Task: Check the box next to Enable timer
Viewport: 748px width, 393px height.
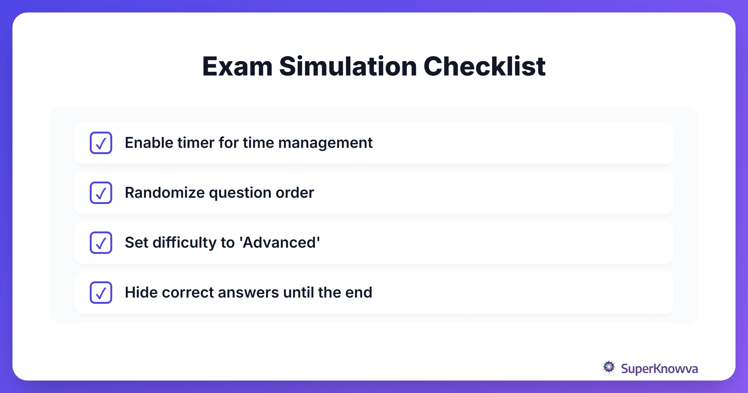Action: [101, 143]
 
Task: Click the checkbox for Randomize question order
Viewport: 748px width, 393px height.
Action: [101, 193]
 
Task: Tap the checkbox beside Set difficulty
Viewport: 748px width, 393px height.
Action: [101, 243]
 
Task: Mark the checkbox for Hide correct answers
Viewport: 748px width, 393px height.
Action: [101, 293]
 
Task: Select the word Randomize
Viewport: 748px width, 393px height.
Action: [164, 193]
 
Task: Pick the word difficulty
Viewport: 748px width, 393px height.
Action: [184, 243]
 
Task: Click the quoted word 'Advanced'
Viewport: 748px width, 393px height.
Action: [280, 243]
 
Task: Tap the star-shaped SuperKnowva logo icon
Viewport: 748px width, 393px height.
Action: [609, 367]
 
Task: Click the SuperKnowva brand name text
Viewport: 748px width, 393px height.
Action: [659, 369]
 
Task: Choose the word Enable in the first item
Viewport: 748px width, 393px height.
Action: [148, 143]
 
